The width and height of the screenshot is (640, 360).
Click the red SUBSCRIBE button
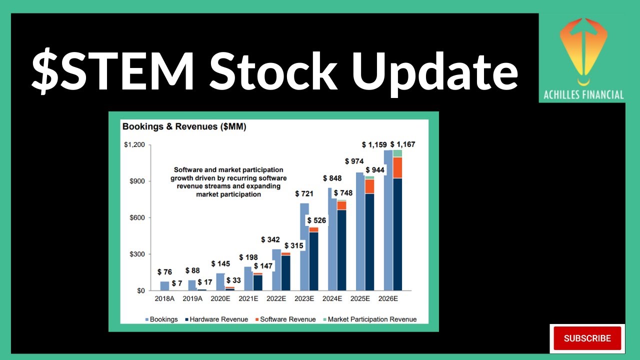pos(587,338)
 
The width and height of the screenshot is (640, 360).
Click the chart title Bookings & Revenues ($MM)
pos(184,127)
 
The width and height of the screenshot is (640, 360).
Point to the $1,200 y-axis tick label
pos(134,145)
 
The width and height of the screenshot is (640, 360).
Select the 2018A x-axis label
pos(164,298)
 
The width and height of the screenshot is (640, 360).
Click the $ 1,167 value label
pos(402,144)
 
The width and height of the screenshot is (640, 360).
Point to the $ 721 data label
pos(304,193)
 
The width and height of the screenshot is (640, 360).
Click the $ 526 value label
pos(316,220)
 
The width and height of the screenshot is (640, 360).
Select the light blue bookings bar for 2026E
pos(388,220)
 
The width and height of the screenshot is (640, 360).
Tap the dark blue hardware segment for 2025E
pos(369,242)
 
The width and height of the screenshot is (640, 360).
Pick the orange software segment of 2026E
pos(397,167)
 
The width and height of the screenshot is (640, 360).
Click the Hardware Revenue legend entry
pos(215,319)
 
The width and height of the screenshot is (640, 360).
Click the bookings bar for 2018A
pos(164,286)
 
